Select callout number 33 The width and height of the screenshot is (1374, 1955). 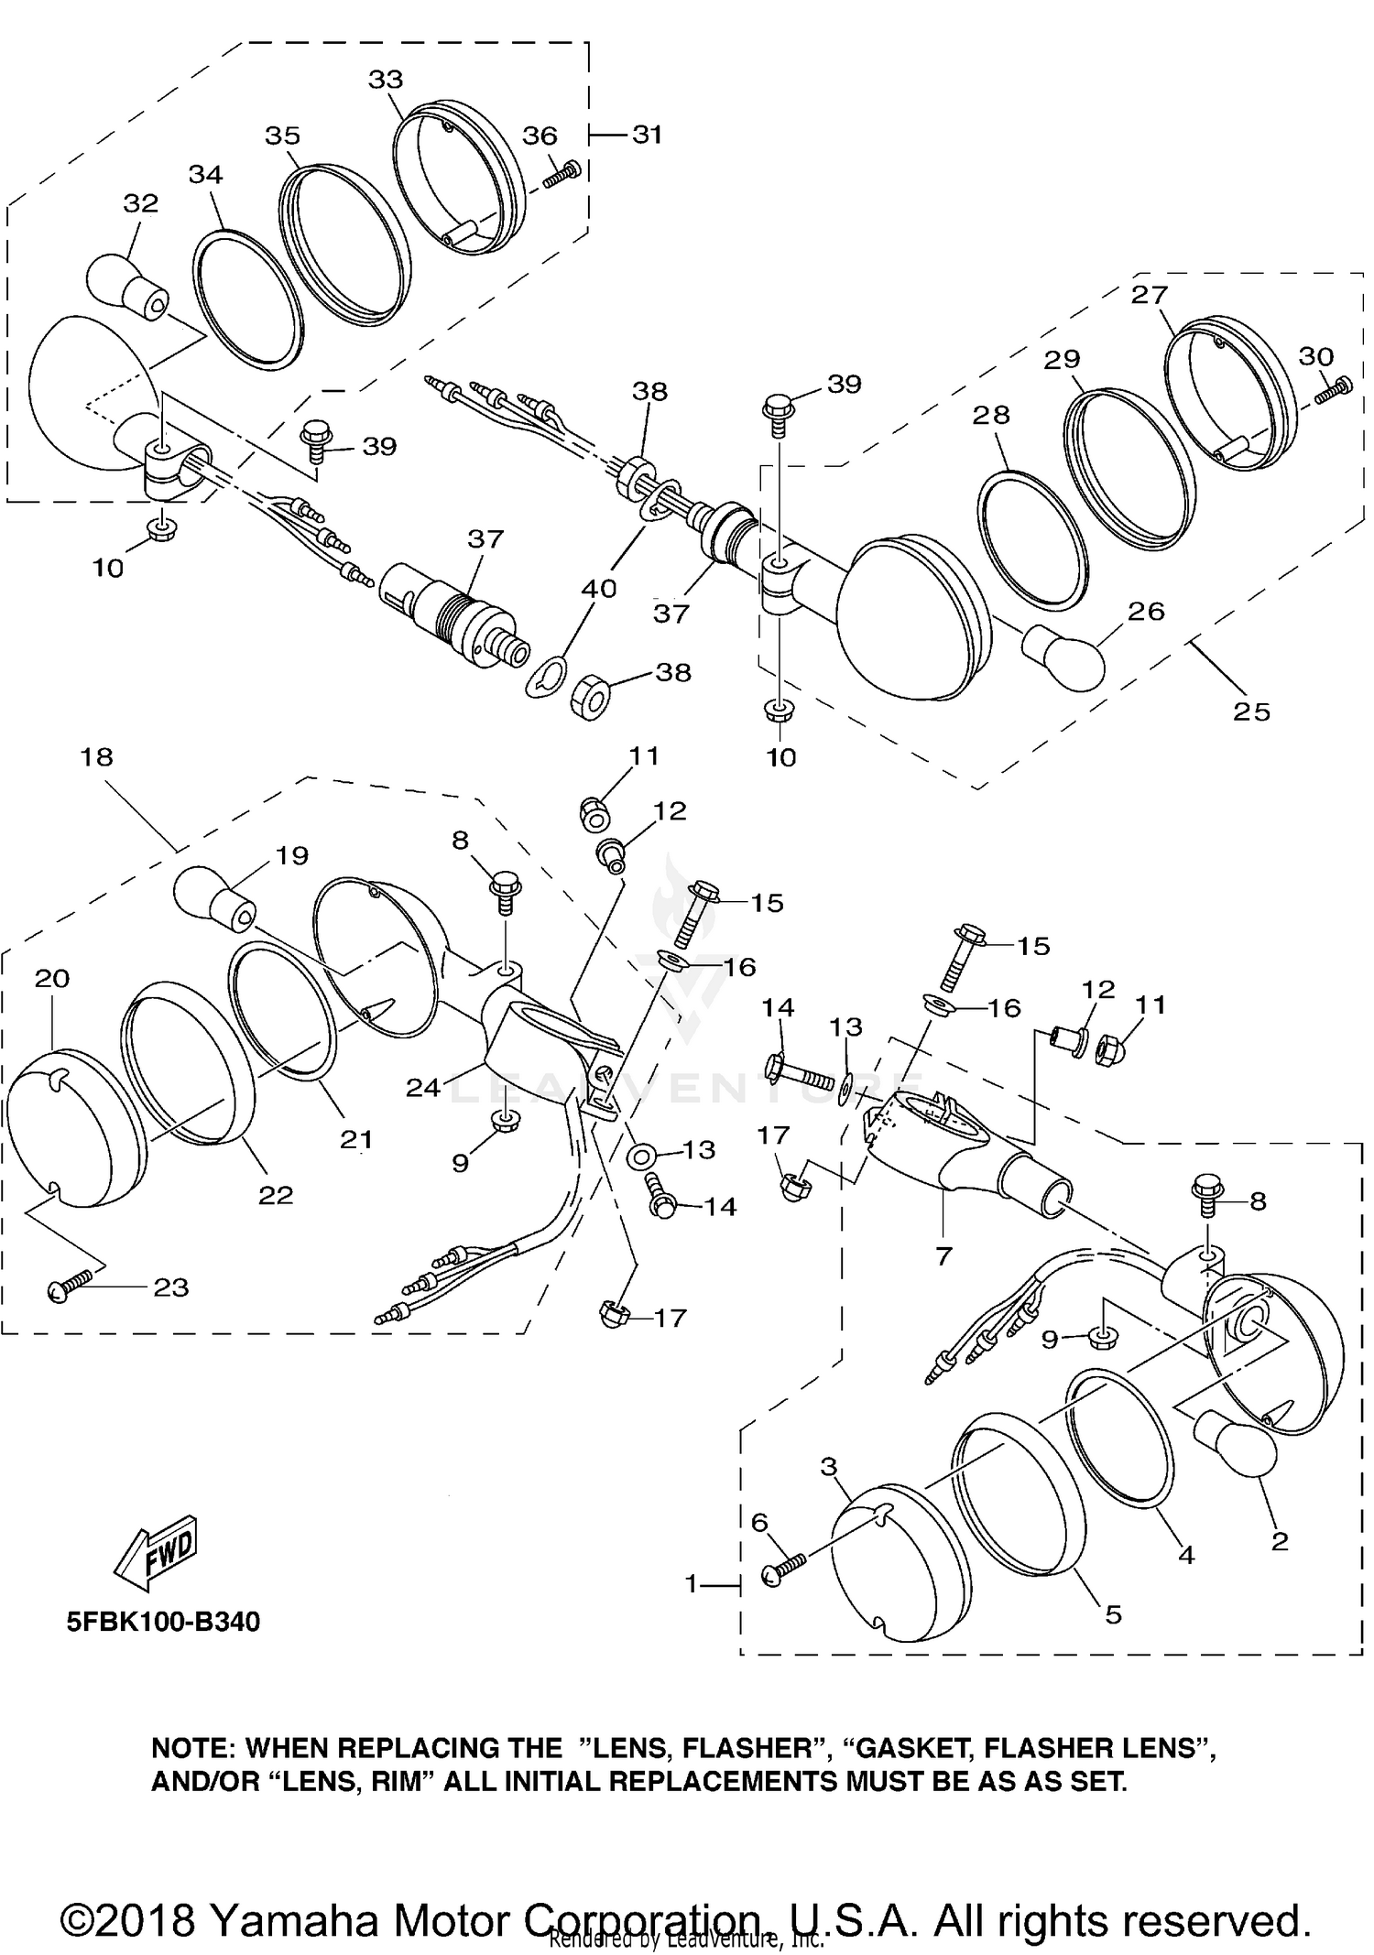(x=386, y=80)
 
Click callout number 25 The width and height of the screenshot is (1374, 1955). (x=1251, y=711)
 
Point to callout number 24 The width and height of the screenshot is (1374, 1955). (x=423, y=1088)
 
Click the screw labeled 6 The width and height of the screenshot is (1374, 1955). (x=783, y=1572)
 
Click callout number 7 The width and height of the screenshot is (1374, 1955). (x=944, y=1256)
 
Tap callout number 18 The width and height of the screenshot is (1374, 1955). (x=97, y=757)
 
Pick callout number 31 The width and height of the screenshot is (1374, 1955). (x=647, y=135)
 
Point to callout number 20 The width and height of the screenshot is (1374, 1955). (x=52, y=979)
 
